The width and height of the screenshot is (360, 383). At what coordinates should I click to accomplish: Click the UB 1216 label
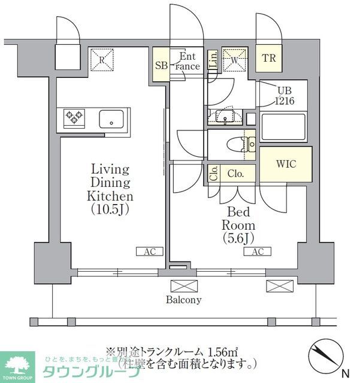(x=285, y=96)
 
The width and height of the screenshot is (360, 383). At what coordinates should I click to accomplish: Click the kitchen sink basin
(x=111, y=118)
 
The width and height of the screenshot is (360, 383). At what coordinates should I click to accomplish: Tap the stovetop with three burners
(x=74, y=118)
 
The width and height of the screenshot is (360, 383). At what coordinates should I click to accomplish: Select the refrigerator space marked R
(x=102, y=59)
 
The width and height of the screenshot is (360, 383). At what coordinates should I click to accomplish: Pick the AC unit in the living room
(x=149, y=252)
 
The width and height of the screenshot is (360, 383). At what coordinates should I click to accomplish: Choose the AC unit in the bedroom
(x=257, y=252)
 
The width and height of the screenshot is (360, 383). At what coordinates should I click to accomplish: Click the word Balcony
(x=184, y=300)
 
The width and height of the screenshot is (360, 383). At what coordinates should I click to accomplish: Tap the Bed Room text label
(x=238, y=218)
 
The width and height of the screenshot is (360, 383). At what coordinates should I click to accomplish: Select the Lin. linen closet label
(x=213, y=59)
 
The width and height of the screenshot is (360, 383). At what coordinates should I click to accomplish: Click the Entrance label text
(x=187, y=62)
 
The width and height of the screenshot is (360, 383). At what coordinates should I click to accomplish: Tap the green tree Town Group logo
(x=19, y=366)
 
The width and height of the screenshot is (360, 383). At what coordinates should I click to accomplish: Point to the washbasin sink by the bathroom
(x=226, y=115)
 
